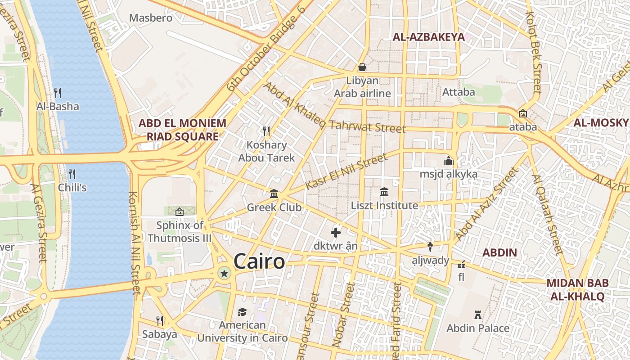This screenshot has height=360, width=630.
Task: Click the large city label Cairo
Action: pos(259,261)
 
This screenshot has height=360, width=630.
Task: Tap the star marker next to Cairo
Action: pos(224,273)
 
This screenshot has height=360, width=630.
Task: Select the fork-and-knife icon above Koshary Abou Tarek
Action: pos(266,131)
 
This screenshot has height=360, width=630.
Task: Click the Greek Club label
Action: pos(274,208)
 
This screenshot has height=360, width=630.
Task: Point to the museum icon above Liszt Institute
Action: pos(384,192)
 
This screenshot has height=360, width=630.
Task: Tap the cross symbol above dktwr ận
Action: pos(336,233)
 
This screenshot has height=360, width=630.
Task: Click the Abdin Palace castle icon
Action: pos(478,315)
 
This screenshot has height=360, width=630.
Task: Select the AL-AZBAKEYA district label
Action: pos(428,37)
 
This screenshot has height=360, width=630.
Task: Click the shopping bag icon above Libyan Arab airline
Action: pos(362,67)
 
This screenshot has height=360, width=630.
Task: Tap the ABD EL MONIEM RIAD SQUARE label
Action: pos(182,130)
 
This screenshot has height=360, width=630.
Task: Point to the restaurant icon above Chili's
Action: pos(72,174)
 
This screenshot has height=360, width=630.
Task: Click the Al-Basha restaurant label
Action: pos(58,107)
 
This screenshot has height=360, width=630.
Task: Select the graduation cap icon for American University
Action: pos(243,312)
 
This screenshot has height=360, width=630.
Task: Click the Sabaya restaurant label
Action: pos(159,334)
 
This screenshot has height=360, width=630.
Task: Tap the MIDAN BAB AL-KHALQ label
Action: pos(577,290)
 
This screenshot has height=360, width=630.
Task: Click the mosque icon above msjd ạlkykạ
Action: pos(448,161)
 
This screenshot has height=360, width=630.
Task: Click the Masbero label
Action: pos(151,18)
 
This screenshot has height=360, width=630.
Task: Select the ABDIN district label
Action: pos(499,252)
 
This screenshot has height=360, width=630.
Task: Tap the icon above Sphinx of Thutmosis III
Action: pos(180,211)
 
